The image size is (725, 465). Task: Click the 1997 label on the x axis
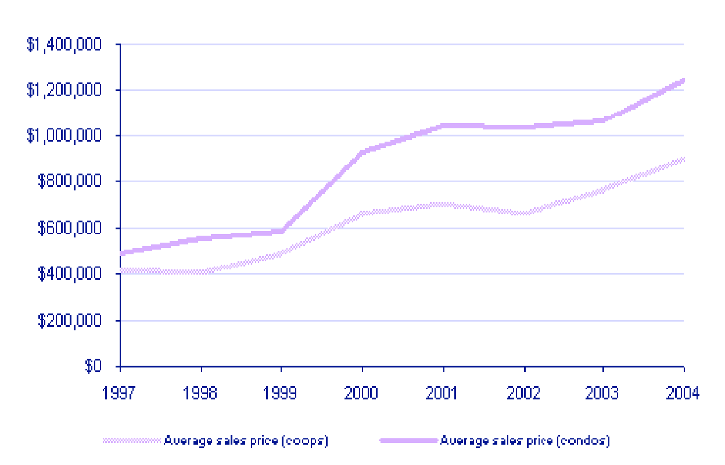[x=120, y=393]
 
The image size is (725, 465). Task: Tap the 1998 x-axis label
[x=201, y=393]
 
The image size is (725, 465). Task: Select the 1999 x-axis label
[x=281, y=393]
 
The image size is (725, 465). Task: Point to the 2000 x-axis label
[x=362, y=393]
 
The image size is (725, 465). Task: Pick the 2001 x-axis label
[x=443, y=393]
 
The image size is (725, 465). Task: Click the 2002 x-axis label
[x=523, y=393]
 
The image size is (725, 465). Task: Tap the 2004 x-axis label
[x=683, y=393]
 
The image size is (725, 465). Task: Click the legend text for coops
[x=246, y=441]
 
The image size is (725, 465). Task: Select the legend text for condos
[x=525, y=441]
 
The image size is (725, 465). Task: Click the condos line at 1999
[x=282, y=231]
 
